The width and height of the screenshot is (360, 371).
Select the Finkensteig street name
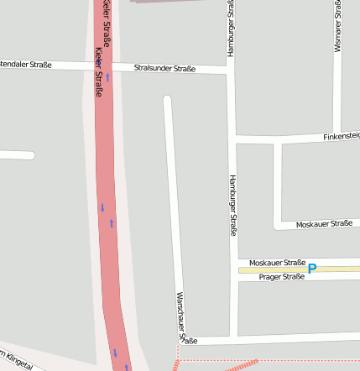341,135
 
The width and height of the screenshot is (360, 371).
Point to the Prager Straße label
281,277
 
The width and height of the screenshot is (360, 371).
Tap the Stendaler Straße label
26,65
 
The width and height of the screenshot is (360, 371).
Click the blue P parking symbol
312,269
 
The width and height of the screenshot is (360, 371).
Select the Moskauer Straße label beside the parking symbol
277,262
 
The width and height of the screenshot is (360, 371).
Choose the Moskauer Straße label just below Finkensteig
324,224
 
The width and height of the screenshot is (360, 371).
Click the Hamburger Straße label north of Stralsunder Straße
229,29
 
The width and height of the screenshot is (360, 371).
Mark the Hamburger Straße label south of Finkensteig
232,205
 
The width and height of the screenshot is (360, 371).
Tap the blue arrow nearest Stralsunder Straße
107,77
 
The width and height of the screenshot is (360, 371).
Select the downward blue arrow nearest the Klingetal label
115,353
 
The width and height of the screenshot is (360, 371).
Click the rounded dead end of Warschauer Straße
167,101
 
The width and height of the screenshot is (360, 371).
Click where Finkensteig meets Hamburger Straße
232,138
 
